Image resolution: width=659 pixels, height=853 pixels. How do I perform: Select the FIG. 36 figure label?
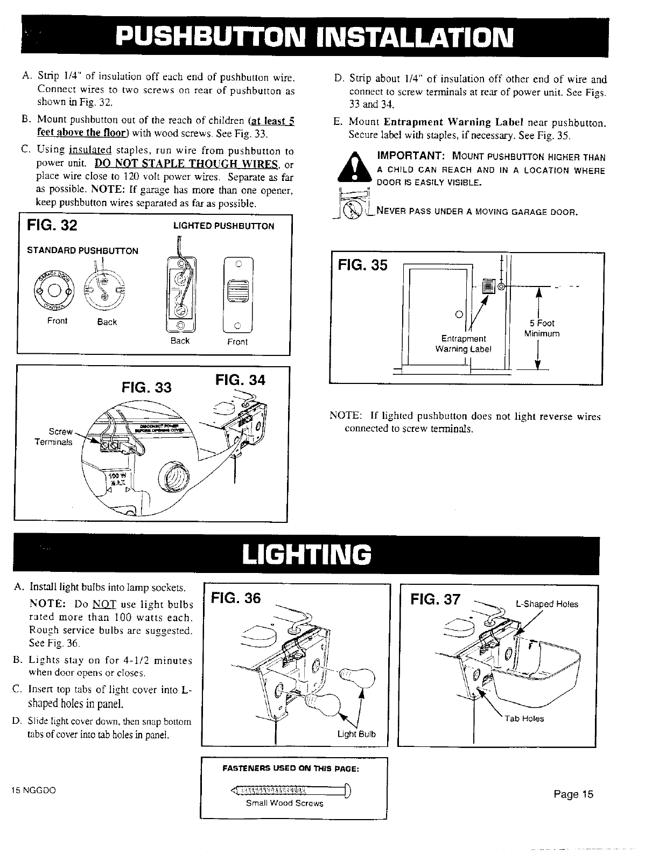click(236, 599)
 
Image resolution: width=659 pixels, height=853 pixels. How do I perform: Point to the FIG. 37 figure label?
click(436, 599)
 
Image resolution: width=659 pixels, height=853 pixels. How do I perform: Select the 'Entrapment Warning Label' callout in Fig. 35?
click(464, 343)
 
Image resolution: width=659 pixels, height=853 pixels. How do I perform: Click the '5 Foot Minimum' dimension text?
click(542, 328)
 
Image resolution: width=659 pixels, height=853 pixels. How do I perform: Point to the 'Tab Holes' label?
click(524, 718)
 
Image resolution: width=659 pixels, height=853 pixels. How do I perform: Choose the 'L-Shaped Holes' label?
click(547, 604)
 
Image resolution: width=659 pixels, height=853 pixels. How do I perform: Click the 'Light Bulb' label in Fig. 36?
click(356, 735)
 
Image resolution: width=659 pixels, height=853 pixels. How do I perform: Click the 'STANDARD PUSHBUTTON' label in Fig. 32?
click(83, 250)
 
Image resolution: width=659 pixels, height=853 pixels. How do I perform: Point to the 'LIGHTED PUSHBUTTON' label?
click(223, 226)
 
